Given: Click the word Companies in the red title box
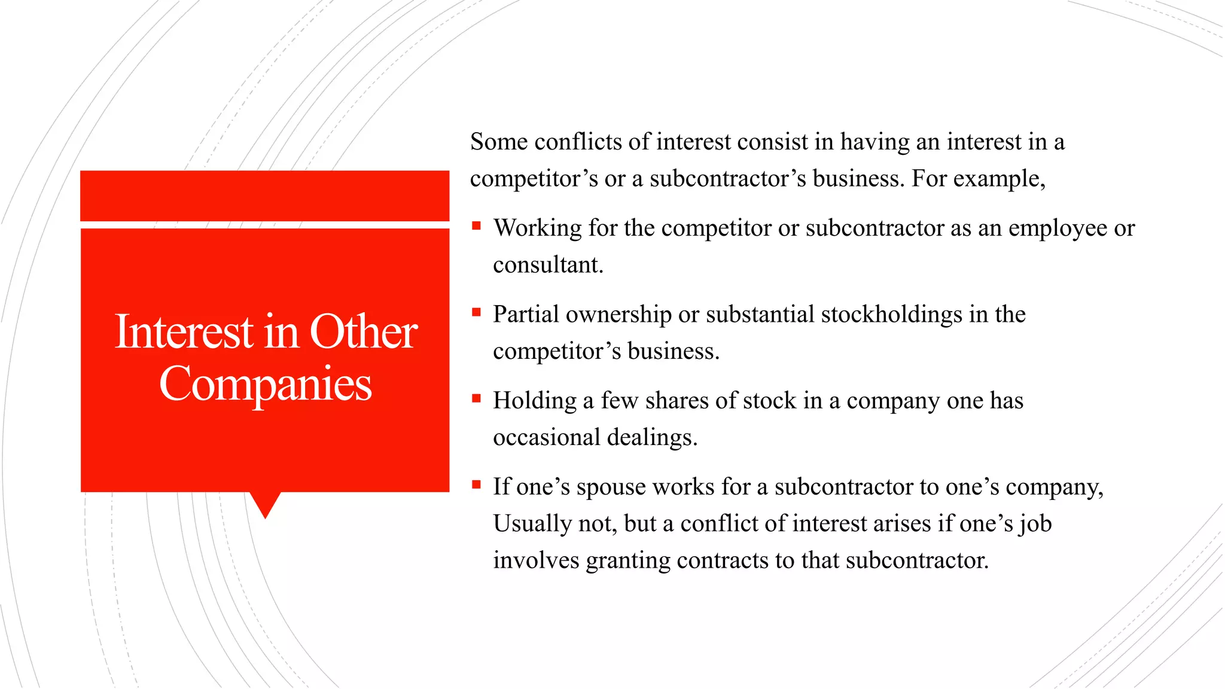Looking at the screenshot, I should click(x=265, y=384).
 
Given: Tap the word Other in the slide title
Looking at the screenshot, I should click(x=363, y=332).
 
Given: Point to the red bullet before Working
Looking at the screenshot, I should click(x=476, y=225).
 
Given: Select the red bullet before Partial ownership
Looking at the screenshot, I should click(x=476, y=312).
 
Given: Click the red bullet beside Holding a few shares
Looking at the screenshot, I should click(x=476, y=398).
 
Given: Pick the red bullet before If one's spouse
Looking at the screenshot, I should click(x=476, y=484).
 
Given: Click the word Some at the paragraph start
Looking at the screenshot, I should click(x=498, y=142).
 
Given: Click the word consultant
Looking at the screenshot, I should click(x=547, y=265).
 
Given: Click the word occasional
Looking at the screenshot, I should click(x=546, y=438).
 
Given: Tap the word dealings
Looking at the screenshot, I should click(x=651, y=438).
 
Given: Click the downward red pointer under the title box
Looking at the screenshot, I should click(x=265, y=504).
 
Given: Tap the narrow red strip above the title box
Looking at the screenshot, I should click(x=264, y=196).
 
